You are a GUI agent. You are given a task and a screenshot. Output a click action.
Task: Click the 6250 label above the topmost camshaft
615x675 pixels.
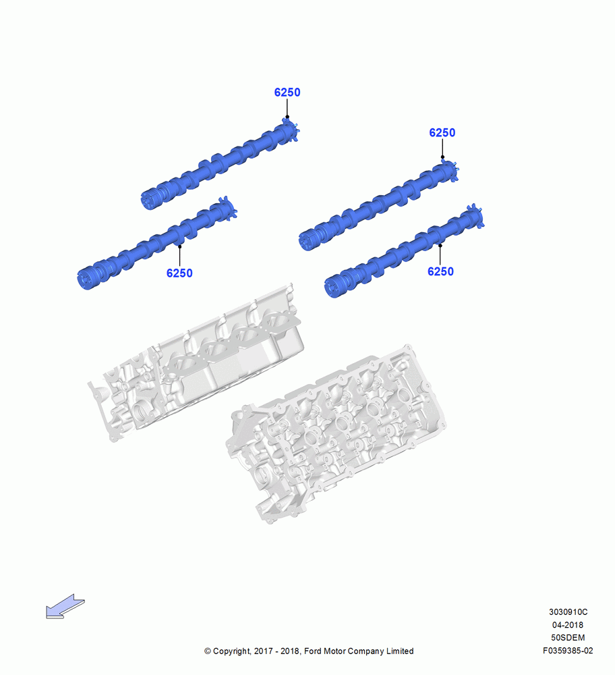(x=287, y=92)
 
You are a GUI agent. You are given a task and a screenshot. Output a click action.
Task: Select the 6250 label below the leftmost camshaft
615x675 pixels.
(x=179, y=273)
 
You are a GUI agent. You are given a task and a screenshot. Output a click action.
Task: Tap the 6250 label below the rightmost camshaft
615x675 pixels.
(x=440, y=271)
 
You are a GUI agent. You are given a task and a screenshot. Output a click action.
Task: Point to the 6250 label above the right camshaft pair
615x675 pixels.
(x=442, y=132)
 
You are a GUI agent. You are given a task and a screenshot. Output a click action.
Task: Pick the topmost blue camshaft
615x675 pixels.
(x=221, y=163)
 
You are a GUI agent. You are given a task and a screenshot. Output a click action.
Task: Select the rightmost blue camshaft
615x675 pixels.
(x=404, y=250)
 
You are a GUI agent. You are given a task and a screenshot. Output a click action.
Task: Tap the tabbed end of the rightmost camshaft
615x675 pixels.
(x=475, y=217)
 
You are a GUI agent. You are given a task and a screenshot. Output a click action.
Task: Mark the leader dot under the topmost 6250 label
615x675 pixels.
(x=287, y=117)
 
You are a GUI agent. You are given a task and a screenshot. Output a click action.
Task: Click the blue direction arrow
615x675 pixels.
(x=65, y=607)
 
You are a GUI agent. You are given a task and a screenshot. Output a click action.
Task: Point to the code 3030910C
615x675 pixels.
(x=568, y=612)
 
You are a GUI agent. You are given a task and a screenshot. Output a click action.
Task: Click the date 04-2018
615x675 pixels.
(x=568, y=624)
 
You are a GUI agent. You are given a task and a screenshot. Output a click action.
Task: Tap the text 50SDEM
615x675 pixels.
(x=568, y=638)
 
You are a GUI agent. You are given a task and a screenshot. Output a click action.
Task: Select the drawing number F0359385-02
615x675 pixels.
(x=568, y=651)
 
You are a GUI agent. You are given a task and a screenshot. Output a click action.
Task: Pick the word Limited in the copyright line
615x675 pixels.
(x=400, y=651)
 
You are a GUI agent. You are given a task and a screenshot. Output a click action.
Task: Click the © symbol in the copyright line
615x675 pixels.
(x=208, y=651)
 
